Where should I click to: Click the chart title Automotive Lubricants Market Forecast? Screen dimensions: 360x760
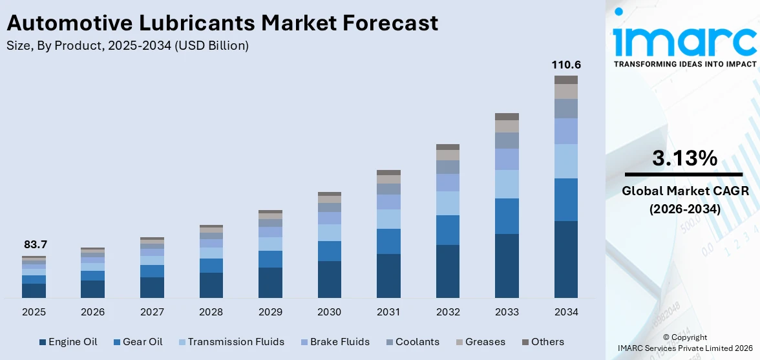(222, 23)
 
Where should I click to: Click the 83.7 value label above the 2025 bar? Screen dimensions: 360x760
(36, 245)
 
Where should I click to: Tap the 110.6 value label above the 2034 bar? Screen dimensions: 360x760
(565, 65)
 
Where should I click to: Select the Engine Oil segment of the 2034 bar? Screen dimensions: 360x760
(565, 259)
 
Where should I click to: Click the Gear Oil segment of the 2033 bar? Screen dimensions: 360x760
(507, 216)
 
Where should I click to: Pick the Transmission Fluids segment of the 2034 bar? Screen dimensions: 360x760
(565, 161)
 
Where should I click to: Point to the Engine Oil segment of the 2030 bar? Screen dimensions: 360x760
(330, 279)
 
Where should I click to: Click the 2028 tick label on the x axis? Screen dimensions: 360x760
(211, 312)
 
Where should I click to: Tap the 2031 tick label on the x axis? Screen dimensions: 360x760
(388, 312)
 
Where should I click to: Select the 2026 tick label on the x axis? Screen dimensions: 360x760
(93, 312)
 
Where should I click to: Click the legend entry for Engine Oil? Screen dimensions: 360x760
(68, 342)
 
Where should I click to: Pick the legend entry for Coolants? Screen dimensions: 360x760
(412, 342)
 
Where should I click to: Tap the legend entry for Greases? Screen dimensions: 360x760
(480, 342)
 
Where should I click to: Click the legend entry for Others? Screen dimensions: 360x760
(542, 342)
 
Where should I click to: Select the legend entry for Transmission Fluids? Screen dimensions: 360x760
(230, 342)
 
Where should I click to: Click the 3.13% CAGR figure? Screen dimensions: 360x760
(684, 158)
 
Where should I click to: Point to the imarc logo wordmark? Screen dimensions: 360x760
(684, 40)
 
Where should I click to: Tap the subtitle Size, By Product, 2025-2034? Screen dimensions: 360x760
(127, 46)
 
